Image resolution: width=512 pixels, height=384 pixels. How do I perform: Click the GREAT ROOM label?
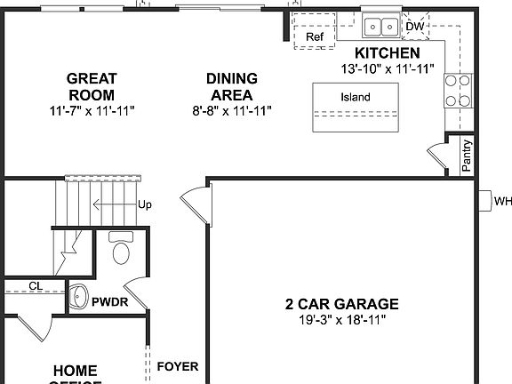point(92,87)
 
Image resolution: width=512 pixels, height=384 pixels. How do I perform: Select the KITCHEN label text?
point(387,53)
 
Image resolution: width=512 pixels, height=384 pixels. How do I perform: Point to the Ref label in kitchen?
point(315,37)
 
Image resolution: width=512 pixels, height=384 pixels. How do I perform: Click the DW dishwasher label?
point(415,27)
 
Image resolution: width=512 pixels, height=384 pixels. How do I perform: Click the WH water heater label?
point(502,202)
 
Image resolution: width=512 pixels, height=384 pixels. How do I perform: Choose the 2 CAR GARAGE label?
point(341,303)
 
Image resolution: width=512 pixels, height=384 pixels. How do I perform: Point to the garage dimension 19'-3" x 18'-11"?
point(341,319)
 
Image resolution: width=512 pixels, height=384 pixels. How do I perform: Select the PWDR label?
point(109,302)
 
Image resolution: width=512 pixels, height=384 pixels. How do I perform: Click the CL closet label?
point(36,285)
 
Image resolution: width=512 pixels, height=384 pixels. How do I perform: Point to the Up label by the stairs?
point(144,204)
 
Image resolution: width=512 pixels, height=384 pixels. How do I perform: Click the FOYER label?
point(177,366)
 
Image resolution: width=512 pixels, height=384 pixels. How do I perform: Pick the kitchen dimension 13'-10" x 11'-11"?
point(387,68)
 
